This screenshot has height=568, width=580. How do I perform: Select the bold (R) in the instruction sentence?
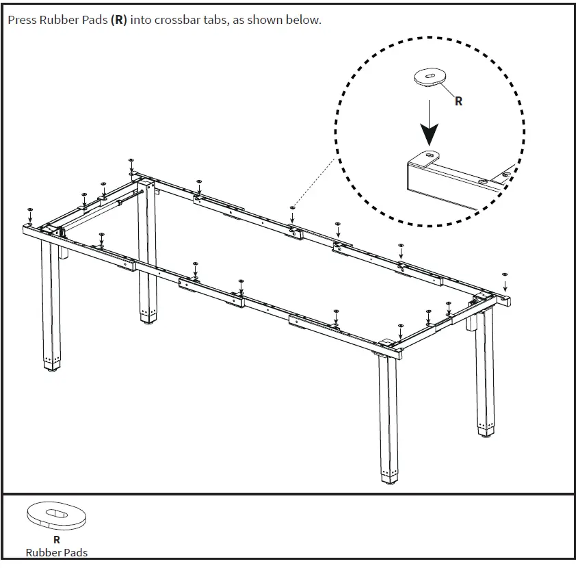tap(119, 20)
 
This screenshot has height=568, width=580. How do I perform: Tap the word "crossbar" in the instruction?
tap(177, 20)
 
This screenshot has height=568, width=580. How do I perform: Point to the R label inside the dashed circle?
tap(458, 101)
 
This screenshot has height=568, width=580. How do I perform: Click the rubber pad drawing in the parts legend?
tap(57, 515)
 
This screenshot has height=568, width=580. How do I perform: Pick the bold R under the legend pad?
tap(57, 540)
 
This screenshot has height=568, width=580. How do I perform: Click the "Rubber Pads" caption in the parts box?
tap(57, 552)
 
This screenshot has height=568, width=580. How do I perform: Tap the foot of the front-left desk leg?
tap(51, 366)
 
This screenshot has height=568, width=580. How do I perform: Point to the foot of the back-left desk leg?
tap(148, 318)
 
